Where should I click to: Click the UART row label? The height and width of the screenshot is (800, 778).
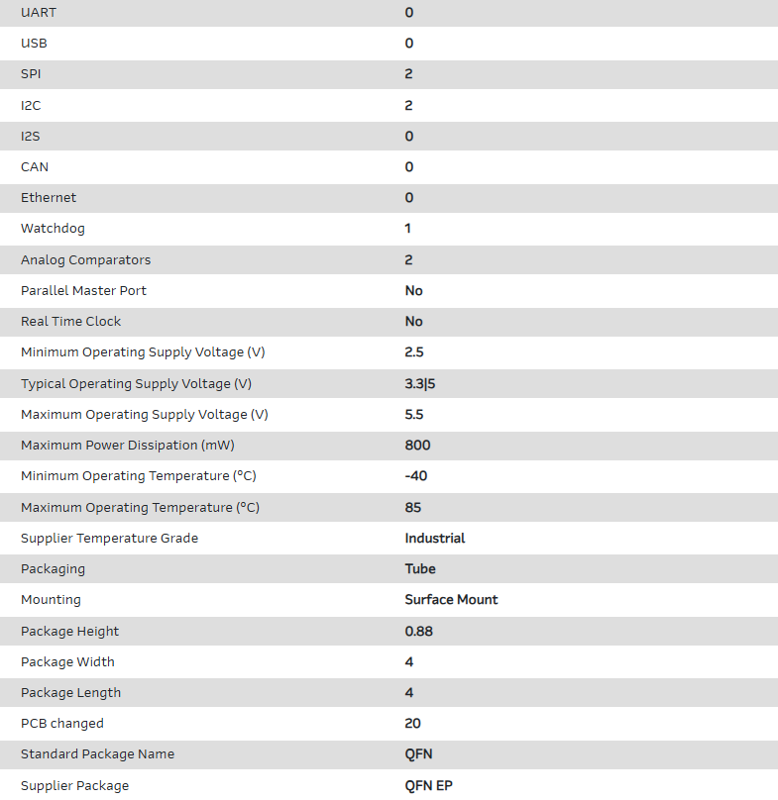[x=39, y=12]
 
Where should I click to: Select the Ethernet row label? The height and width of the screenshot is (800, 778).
[x=49, y=198]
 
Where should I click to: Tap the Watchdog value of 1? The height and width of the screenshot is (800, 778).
[x=408, y=229]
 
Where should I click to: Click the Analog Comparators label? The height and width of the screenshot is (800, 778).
[x=85, y=259]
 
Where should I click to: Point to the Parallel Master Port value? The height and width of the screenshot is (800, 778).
[x=414, y=291]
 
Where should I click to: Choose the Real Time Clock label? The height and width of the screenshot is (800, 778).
[x=71, y=322]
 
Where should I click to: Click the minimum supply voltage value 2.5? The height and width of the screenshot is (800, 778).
[x=414, y=352]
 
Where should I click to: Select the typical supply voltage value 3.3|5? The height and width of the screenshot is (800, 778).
[x=420, y=383]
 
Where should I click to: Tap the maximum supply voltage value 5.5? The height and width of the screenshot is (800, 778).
[x=414, y=414]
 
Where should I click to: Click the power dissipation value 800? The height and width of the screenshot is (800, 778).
[x=417, y=446]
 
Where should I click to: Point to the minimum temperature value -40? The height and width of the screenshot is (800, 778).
[x=416, y=476]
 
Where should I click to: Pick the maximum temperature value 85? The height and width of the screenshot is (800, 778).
[x=413, y=507]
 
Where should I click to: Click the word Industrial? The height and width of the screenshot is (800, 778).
[x=435, y=539]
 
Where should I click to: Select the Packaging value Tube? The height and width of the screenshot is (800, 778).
[x=420, y=569]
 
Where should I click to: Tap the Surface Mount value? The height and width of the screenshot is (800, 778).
[x=451, y=600]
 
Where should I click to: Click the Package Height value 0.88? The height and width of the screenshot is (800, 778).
[x=419, y=631]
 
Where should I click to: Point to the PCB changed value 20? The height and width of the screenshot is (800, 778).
[x=413, y=724]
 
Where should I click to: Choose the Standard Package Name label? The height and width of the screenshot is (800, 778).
[x=97, y=754]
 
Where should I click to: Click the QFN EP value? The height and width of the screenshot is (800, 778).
[x=429, y=785]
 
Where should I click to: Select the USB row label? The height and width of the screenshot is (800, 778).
[x=34, y=44]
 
